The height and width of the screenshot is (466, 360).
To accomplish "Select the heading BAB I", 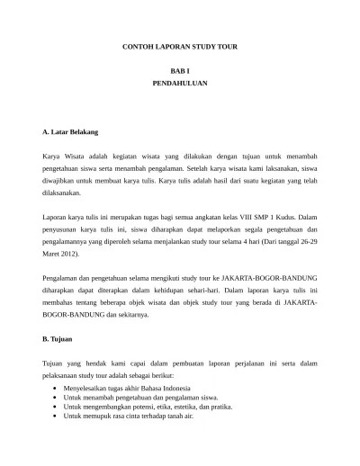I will point(180,70).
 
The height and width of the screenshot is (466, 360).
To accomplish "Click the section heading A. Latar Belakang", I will point(70,132).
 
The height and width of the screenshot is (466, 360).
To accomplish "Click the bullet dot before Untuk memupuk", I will point(57,417).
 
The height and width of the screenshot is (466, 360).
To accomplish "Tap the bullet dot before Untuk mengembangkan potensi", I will point(57,407).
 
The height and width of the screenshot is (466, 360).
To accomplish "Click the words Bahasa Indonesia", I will point(169,387).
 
